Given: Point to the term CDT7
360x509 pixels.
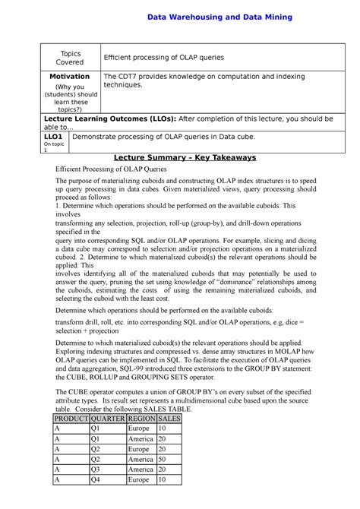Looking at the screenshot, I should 127,77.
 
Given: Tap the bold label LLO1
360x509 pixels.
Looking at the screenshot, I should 52,136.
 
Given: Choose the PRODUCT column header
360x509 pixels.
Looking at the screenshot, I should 71,418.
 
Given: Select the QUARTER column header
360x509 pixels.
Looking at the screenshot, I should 107,418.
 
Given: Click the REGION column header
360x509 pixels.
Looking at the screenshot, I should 143,418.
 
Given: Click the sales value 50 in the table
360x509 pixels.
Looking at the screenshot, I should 163,459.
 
